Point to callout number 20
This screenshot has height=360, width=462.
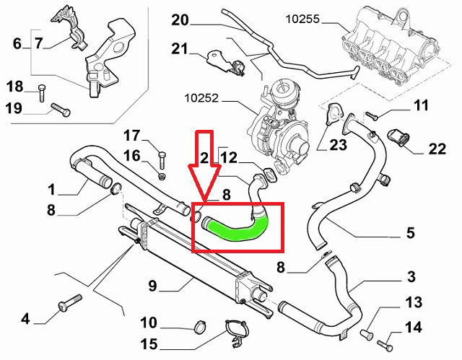pos(180,20)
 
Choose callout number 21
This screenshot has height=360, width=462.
pos(179,49)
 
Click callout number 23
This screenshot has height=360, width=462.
pos(338,146)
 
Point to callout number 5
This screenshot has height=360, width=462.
pos(410,232)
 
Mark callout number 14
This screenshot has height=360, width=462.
pos(413,328)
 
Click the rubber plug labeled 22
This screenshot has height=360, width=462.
pos(399,136)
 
